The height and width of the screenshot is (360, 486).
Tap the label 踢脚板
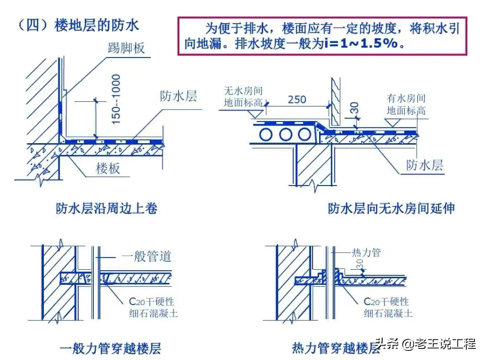[x=126, y=48]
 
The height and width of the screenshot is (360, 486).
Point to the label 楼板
[x=108, y=168]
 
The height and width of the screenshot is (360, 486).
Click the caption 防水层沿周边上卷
[x=106, y=208]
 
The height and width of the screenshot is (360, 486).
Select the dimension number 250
[x=297, y=99]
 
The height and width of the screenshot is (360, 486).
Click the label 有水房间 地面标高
[x=406, y=104]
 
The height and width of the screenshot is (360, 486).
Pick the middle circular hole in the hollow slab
[x=286, y=135]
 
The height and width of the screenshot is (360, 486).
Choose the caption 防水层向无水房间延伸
[x=391, y=208]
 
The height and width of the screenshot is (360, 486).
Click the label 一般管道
[x=147, y=256]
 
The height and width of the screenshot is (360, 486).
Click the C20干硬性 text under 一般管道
[x=151, y=302]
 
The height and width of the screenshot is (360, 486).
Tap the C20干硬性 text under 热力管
[x=387, y=302]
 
